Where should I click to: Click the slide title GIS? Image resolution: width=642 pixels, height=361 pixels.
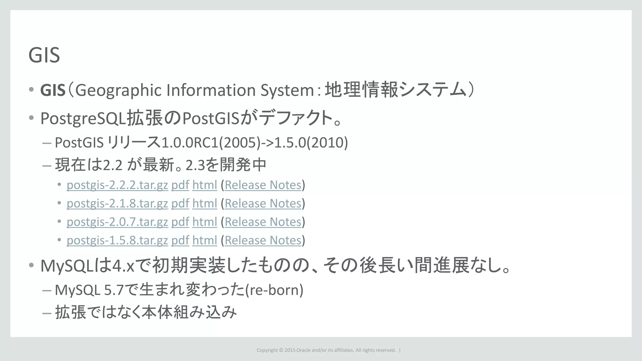[44, 55]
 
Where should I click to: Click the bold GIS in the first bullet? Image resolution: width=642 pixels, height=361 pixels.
[53, 90]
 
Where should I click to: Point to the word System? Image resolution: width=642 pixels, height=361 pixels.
[287, 90]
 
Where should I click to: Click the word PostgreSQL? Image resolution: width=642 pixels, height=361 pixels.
[83, 119]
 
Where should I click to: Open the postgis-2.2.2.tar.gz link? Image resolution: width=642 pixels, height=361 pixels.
[117, 185]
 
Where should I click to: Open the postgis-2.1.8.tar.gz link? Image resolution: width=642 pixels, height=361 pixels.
[117, 204]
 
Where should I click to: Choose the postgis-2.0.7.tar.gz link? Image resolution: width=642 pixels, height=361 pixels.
[117, 222]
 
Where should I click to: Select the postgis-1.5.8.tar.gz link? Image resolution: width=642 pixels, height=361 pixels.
[117, 241]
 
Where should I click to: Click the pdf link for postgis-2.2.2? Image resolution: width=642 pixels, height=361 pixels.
[180, 185]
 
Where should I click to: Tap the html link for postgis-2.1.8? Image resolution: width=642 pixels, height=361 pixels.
[205, 204]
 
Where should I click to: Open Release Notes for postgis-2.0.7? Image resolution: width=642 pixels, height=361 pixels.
[263, 222]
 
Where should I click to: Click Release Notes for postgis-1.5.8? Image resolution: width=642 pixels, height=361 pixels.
[263, 241]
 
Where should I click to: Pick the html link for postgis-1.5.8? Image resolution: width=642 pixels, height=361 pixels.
[205, 241]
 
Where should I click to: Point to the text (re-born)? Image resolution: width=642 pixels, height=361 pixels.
[274, 290]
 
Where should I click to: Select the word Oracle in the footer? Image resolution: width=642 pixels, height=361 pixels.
[303, 350]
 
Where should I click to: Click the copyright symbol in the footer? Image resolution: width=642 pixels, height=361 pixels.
[281, 350]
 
